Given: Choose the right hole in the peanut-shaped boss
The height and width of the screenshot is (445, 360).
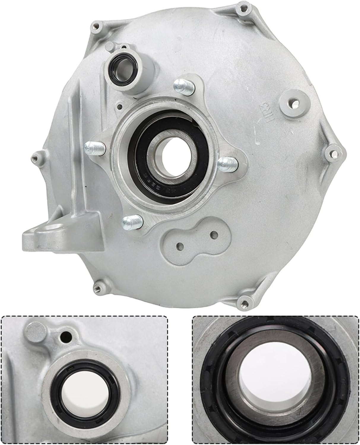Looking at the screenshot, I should [212, 234].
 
